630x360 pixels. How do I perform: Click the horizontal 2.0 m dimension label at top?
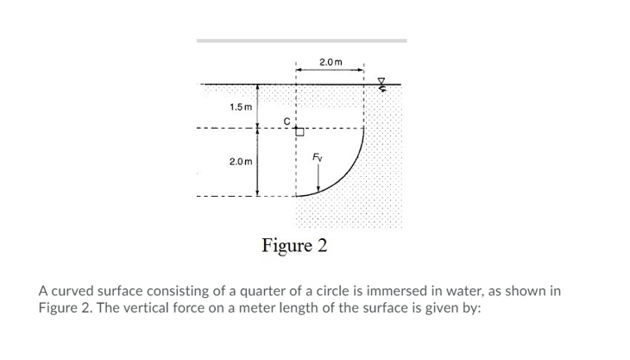[x=331, y=62]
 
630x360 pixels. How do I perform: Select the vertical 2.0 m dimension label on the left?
[x=241, y=161]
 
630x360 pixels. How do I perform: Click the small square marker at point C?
[x=300, y=132]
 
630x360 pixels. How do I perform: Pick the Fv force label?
[x=319, y=157]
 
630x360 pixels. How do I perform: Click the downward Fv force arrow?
[x=319, y=179]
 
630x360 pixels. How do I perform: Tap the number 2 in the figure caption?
[x=322, y=245]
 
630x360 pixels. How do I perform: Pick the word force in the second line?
[x=190, y=308]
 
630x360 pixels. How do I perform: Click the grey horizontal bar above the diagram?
[x=301, y=41]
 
